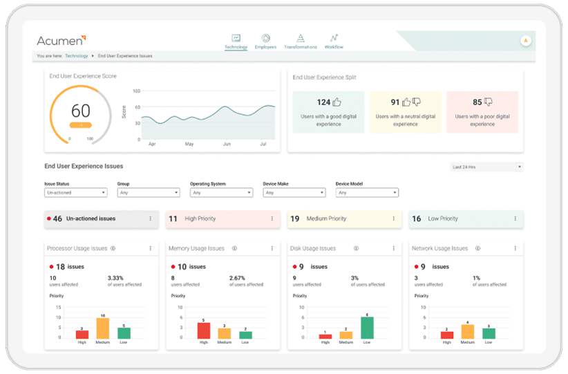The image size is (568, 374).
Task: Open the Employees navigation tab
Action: coord(265,41)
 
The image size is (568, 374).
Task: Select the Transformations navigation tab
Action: coord(301,41)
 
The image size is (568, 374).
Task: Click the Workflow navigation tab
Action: coord(334,41)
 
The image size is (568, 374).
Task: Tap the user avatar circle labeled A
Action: coord(526,41)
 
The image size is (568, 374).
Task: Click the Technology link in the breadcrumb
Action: coord(73,55)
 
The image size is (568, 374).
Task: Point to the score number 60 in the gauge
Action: coord(81,111)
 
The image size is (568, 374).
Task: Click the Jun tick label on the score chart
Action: coord(227,144)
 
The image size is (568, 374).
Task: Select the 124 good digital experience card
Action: coord(329,111)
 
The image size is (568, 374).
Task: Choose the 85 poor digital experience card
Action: coord(482,111)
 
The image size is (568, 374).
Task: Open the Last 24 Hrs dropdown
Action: coord(486,167)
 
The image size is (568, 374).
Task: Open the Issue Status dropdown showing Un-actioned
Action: coord(75,193)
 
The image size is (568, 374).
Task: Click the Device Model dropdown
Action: coord(367,193)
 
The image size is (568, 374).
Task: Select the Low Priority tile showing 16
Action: coord(466,218)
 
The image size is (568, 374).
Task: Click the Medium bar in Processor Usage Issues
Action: coord(103,328)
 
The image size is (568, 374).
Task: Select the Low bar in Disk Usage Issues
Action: coord(367,328)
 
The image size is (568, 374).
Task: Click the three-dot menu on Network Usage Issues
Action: coord(515,248)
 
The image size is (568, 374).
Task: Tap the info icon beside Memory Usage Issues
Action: coord(234,248)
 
